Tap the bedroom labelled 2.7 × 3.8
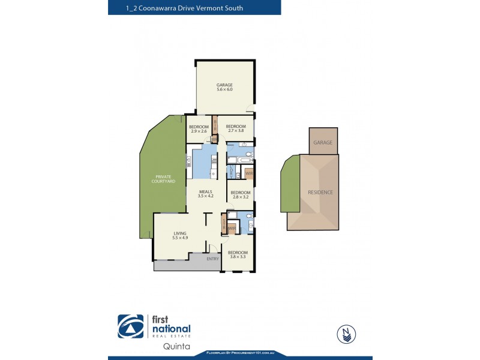[x=235, y=128]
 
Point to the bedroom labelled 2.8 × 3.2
[x=240, y=194]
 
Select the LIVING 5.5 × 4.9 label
[x=181, y=235]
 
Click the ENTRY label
[x=212, y=259]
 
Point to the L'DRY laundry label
[x=232, y=171]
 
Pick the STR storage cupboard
[x=224, y=224]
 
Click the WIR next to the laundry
[x=248, y=173]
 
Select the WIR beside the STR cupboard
[x=232, y=228]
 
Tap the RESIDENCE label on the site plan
[x=320, y=192]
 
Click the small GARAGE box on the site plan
[x=323, y=143]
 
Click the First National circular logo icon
[x=130, y=327]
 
